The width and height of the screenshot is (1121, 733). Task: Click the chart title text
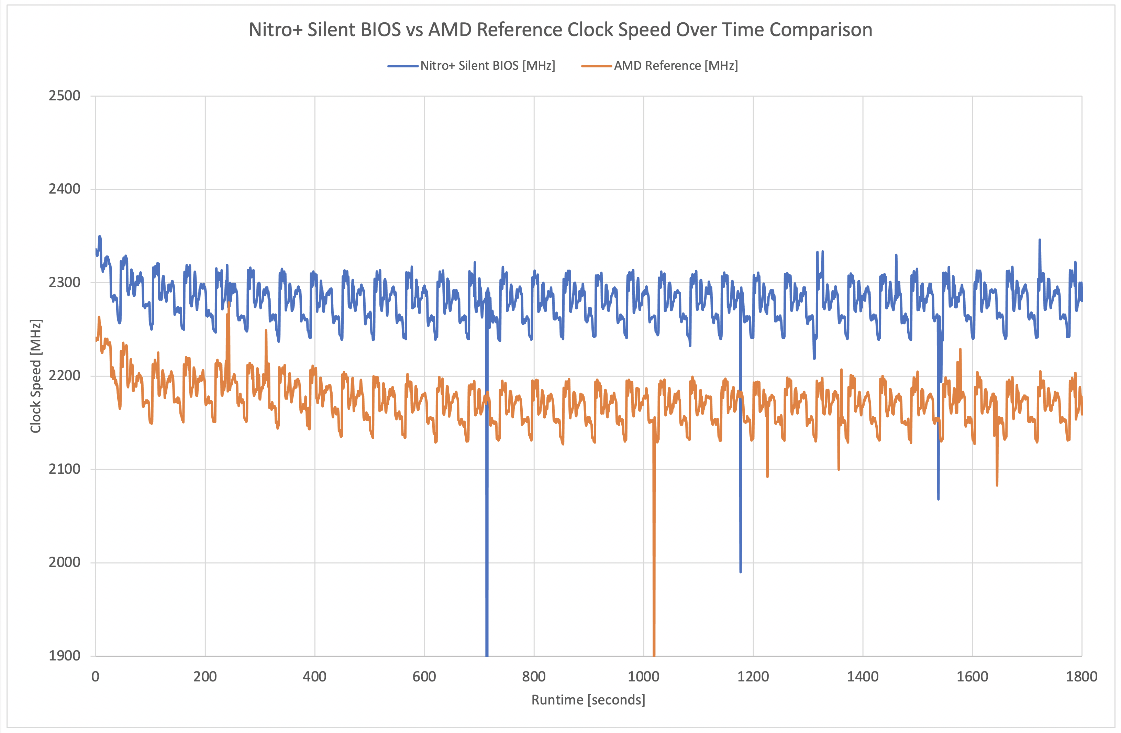coord(560,30)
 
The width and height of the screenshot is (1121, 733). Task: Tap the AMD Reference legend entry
coord(675,65)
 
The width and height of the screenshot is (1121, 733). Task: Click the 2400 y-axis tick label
coord(65,189)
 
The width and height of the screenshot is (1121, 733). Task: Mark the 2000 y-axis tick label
coord(65,562)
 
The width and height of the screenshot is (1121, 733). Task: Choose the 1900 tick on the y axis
coord(65,655)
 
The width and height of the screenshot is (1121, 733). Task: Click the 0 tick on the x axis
coord(96,677)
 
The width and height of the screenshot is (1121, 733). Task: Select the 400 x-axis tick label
coord(315,677)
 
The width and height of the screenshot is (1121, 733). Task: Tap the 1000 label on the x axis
coord(643,677)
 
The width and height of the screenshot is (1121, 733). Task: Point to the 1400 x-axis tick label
coord(863,677)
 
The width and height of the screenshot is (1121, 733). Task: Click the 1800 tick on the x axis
coord(1081,677)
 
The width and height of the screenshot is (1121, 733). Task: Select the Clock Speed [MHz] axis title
coord(36,376)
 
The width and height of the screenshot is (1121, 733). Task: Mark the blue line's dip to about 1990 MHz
coord(741,571)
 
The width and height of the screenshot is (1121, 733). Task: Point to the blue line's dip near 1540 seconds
coord(938,499)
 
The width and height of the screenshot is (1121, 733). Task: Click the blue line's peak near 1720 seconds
coord(1040,240)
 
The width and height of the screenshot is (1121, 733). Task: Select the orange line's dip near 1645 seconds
coord(997,484)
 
